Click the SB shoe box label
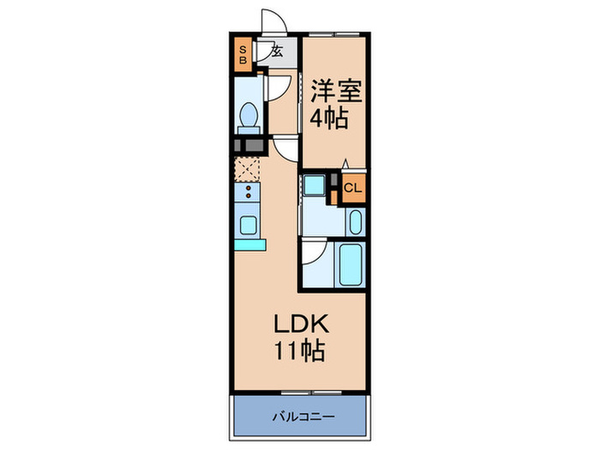[x=243, y=55]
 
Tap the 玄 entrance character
[x=277, y=51]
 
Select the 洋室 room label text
[x=336, y=91]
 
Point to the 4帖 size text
[x=329, y=118]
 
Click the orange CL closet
[x=353, y=188]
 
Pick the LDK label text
[x=301, y=324]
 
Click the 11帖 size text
[x=300, y=350]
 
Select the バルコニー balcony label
[x=303, y=416]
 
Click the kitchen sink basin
[x=248, y=225]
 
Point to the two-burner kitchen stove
[x=247, y=192]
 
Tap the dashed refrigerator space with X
[x=247, y=169]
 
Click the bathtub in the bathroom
[x=351, y=264]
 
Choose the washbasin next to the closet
[x=356, y=222]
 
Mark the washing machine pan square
[x=315, y=185]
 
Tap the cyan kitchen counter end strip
[x=250, y=245]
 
